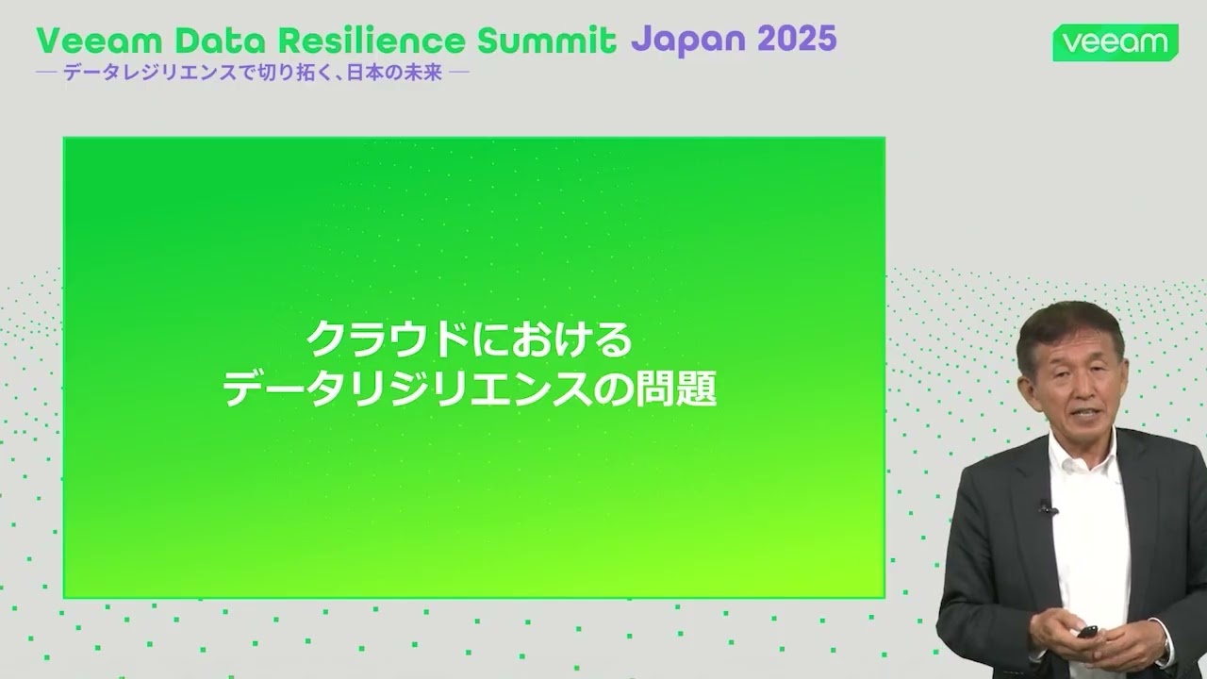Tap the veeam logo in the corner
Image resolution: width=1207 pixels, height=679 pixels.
(1115, 42)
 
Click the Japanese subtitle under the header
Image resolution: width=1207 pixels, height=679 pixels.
(253, 73)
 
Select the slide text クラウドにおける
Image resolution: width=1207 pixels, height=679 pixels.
(469, 339)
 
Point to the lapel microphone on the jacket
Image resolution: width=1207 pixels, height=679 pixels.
(1047, 508)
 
